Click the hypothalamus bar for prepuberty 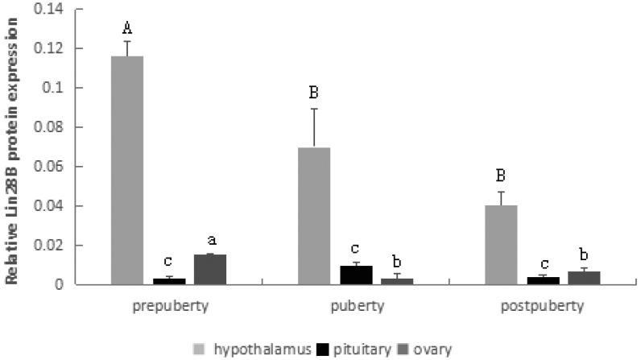click(127, 171)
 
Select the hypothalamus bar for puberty click(314, 216)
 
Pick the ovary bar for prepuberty click(210, 269)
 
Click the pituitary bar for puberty click(356, 275)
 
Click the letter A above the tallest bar click(127, 29)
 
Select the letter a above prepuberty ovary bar click(211, 240)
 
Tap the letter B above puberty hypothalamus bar click(314, 93)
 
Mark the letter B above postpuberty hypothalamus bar click(501, 176)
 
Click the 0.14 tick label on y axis click(48, 9)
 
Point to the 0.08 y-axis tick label click(48, 127)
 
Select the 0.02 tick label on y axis click(48, 245)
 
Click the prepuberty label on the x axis click(168, 307)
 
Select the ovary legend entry click(433, 350)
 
